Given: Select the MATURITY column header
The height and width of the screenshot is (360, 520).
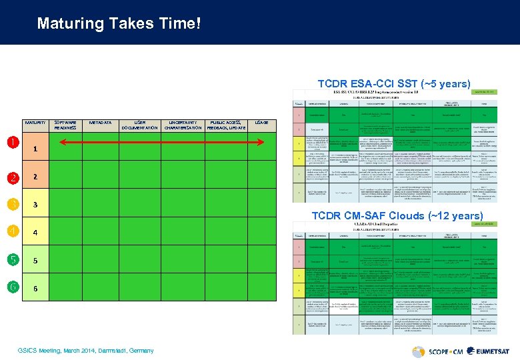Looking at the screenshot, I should (x=35, y=123).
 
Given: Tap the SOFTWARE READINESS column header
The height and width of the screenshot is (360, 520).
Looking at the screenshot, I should (x=65, y=125).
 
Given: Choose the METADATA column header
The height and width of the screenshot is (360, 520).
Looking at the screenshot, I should (x=100, y=123).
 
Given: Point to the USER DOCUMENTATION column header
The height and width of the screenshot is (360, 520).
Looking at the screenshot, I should (x=139, y=125).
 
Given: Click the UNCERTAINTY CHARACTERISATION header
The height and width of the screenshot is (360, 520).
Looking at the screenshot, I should (x=183, y=125).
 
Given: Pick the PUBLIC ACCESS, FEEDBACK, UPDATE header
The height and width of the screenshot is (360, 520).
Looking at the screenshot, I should (x=227, y=125).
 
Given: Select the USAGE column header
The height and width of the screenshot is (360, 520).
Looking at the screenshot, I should (x=262, y=123).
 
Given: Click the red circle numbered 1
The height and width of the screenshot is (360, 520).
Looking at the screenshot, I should (x=13, y=141).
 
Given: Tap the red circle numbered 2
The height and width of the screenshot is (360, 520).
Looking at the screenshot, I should (x=13, y=177).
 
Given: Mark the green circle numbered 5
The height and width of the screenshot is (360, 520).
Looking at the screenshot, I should (x=13, y=259).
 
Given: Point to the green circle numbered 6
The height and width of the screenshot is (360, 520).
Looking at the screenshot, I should (x=13, y=287).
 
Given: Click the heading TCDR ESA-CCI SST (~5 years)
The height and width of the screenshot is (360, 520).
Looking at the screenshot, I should (x=393, y=84).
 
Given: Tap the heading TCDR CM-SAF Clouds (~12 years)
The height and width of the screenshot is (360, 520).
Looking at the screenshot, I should (x=397, y=215).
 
